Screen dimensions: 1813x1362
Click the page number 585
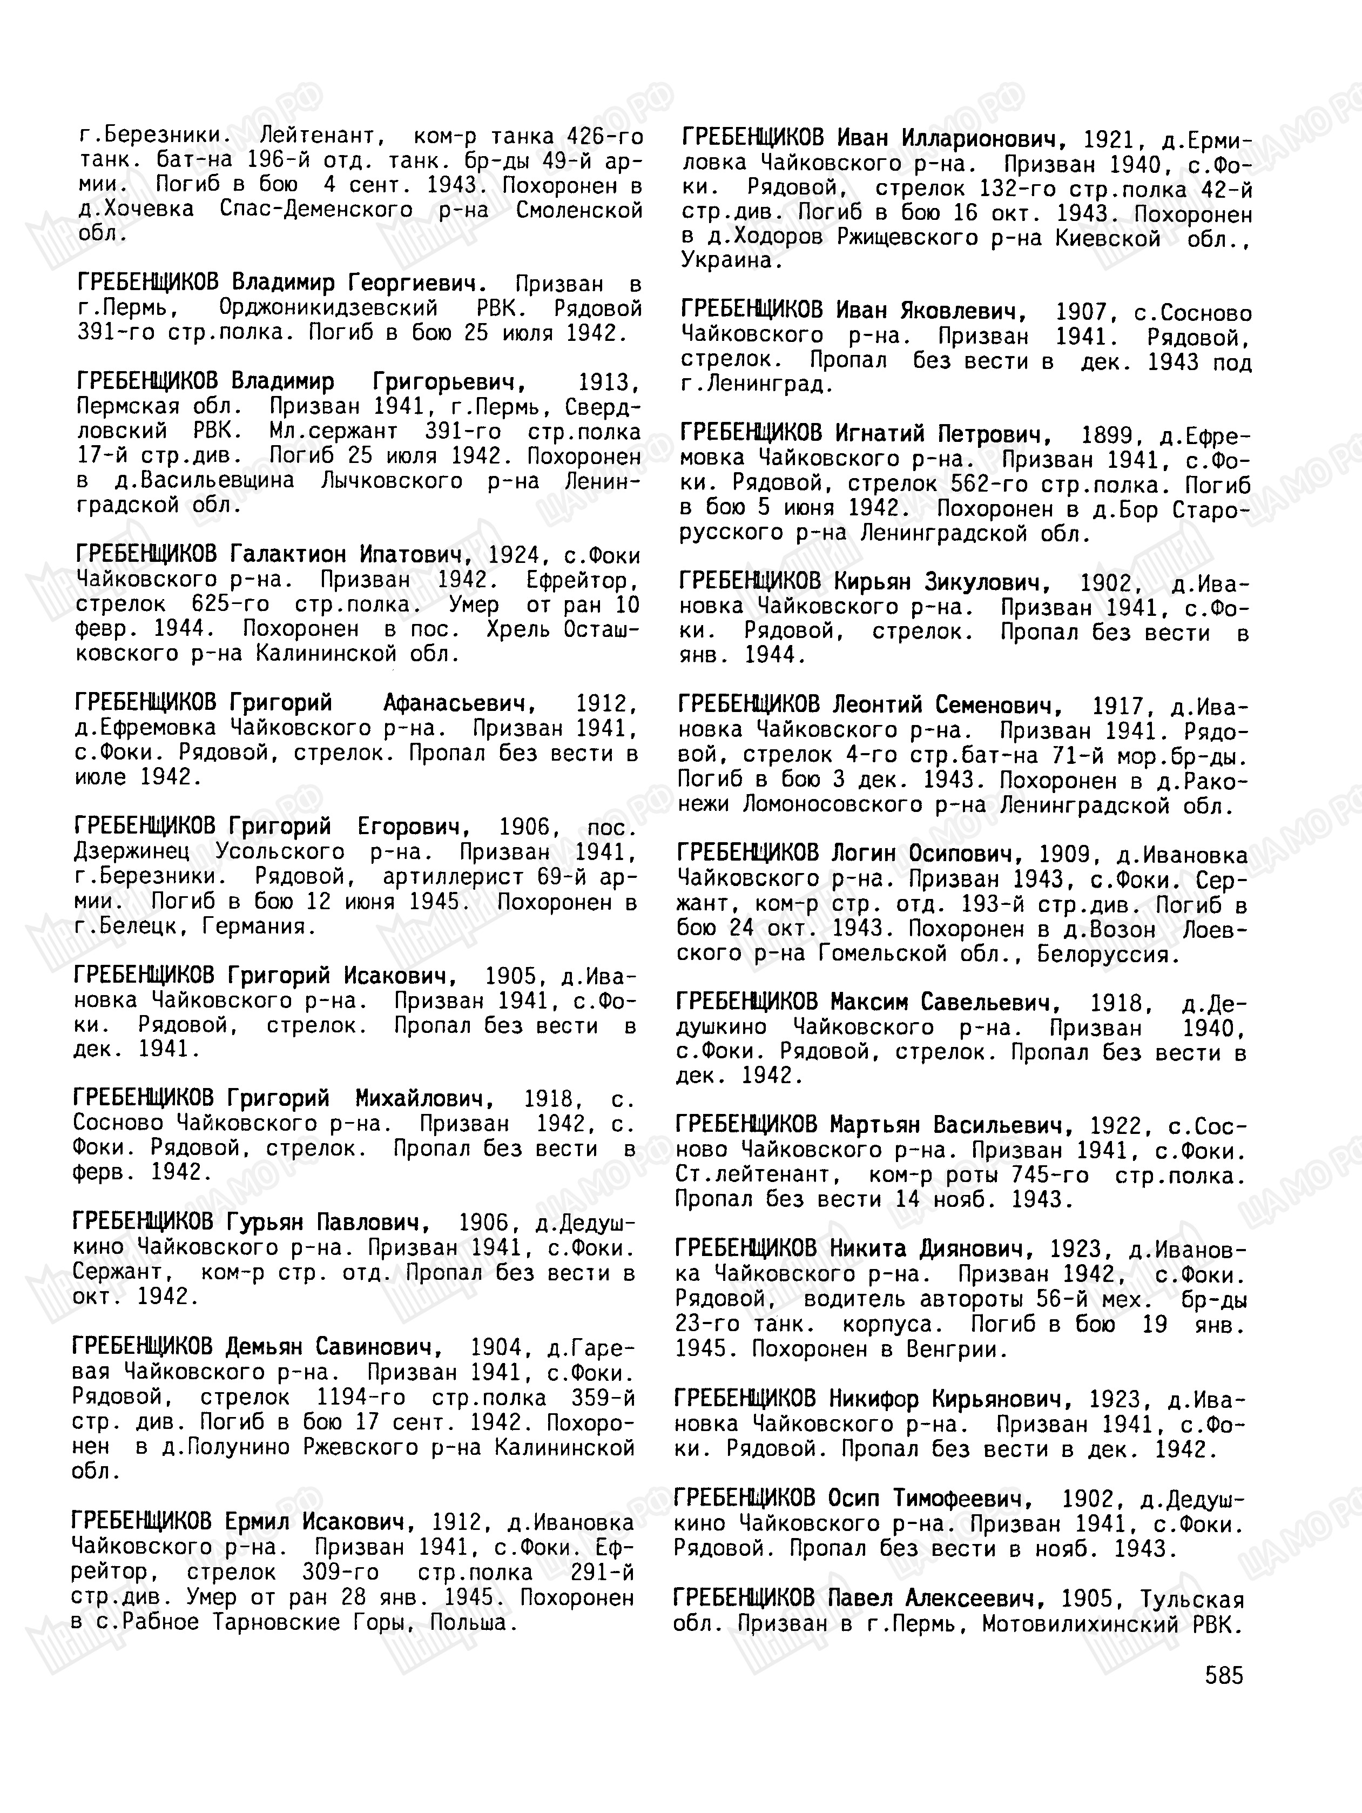coord(1224,1675)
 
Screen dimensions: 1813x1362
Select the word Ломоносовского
coord(833,805)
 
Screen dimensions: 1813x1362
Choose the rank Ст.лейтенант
coord(752,1176)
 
